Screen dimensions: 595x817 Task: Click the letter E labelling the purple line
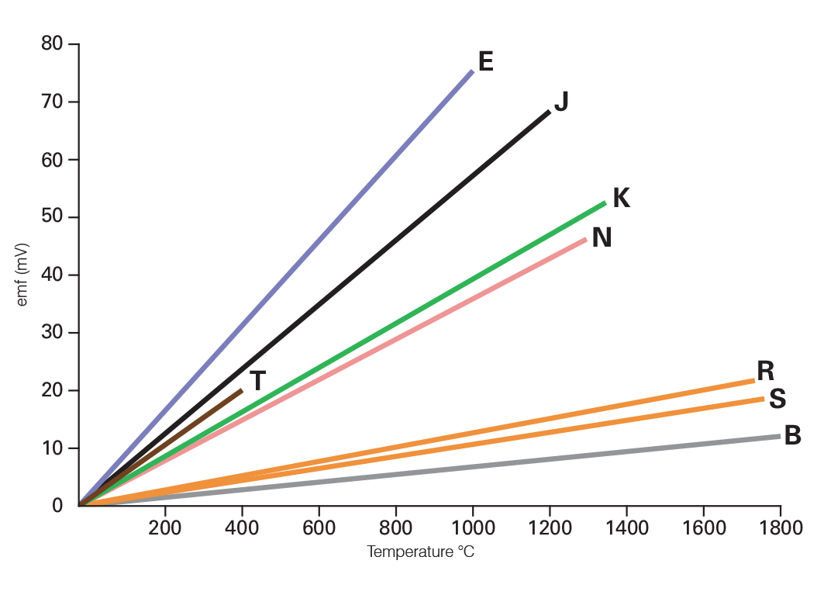point(486,61)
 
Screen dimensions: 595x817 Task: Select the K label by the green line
point(621,198)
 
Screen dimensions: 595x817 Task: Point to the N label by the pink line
point(602,237)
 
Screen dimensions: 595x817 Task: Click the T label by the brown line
point(258,381)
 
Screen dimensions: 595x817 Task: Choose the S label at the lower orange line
point(778,399)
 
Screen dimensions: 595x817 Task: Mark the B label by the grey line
point(792,436)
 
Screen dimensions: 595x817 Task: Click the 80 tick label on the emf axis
point(52,44)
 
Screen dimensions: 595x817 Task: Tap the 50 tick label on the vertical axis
point(52,217)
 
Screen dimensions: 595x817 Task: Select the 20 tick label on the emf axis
point(52,390)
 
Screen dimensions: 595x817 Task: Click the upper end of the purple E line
point(472,71)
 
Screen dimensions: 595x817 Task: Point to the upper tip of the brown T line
point(242,390)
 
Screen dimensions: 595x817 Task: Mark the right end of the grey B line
point(778,437)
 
